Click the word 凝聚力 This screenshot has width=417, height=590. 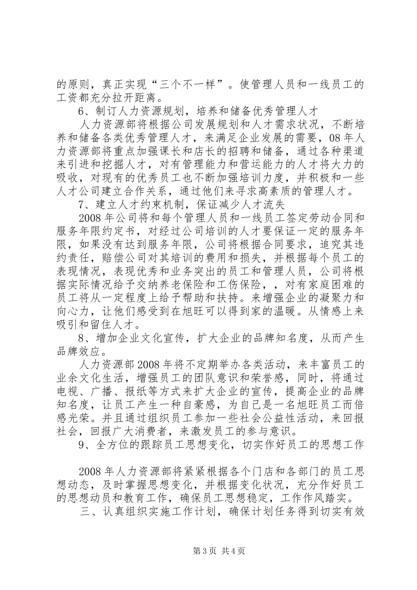(x=335, y=300)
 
